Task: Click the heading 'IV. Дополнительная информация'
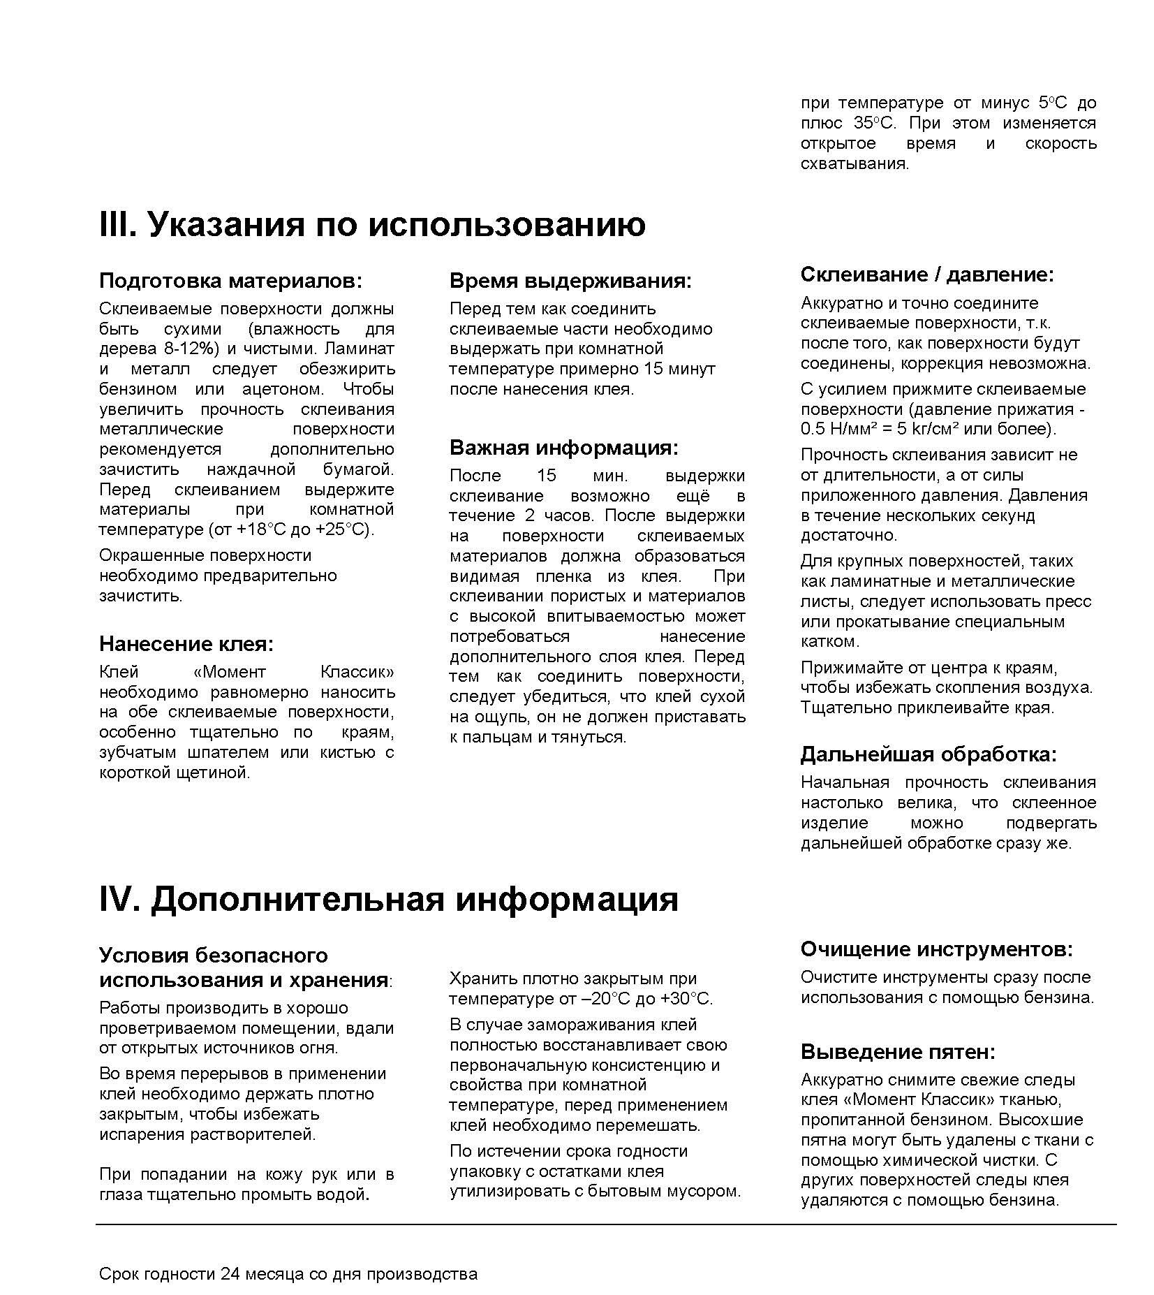coord(388,899)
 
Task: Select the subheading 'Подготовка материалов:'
coord(231,281)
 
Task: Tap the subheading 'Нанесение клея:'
coord(186,643)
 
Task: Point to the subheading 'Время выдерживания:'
coord(570,281)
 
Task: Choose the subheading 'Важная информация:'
coord(563,447)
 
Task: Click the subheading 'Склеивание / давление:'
coord(926,275)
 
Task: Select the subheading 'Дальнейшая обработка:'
coord(929,754)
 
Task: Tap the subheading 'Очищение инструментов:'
coord(936,949)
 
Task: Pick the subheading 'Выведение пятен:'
coord(898,1052)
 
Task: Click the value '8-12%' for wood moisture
coord(188,349)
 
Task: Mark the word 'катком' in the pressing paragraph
coord(829,641)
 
